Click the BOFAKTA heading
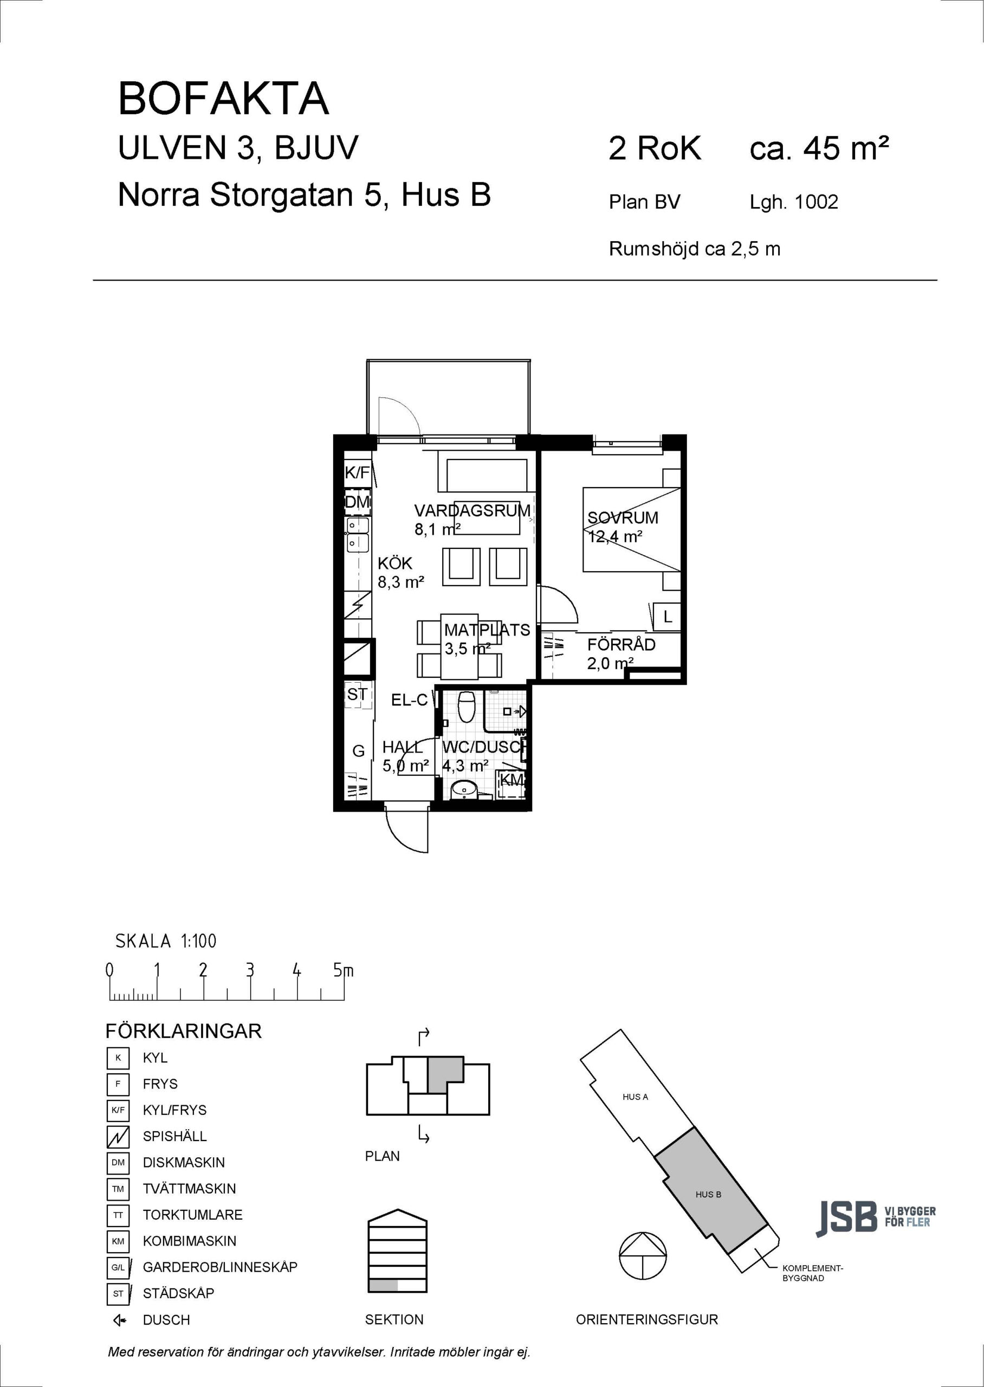click(x=224, y=99)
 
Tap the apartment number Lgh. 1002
click(x=794, y=202)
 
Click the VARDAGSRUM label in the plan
click(x=472, y=510)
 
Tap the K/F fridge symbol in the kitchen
click(x=358, y=472)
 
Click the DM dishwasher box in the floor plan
click(x=358, y=502)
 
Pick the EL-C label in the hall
click(x=410, y=700)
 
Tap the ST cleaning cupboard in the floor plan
click(x=357, y=694)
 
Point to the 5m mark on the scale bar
click(x=344, y=970)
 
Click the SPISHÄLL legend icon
click(x=118, y=1137)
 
